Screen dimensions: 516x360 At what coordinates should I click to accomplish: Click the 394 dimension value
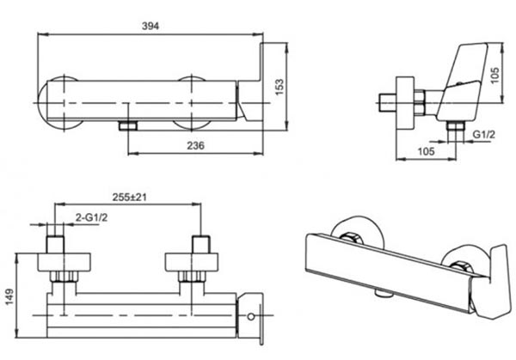(x=150, y=26)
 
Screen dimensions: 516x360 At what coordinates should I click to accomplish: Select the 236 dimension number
(x=195, y=145)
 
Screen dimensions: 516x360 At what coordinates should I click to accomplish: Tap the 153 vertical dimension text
(x=279, y=87)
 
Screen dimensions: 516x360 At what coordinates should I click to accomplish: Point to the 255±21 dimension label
(x=129, y=198)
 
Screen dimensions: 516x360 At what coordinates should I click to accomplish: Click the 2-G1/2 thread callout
(x=91, y=217)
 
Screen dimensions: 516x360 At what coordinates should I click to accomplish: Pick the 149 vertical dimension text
(x=9, y=296)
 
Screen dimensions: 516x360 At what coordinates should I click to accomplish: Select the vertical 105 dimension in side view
(x=494, y=76)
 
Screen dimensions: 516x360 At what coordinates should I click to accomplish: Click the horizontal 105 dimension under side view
(x=427, y=151)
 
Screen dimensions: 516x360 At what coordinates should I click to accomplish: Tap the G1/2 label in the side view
(x=483, y=134)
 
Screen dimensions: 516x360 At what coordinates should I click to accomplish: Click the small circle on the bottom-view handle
(x=251, y=316)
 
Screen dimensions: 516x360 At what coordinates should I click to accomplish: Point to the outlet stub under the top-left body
(x=128, y=125)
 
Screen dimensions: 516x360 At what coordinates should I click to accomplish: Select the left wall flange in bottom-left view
(x=64, y=262)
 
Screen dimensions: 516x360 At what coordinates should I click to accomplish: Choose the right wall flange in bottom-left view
(x=191, y=262)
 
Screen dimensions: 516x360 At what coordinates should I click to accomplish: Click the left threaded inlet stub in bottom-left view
(x=55, y=244)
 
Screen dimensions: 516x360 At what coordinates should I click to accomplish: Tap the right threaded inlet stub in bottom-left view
(x=200, y=244)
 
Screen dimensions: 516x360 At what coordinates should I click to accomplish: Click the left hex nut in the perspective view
(x=351, y=238)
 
